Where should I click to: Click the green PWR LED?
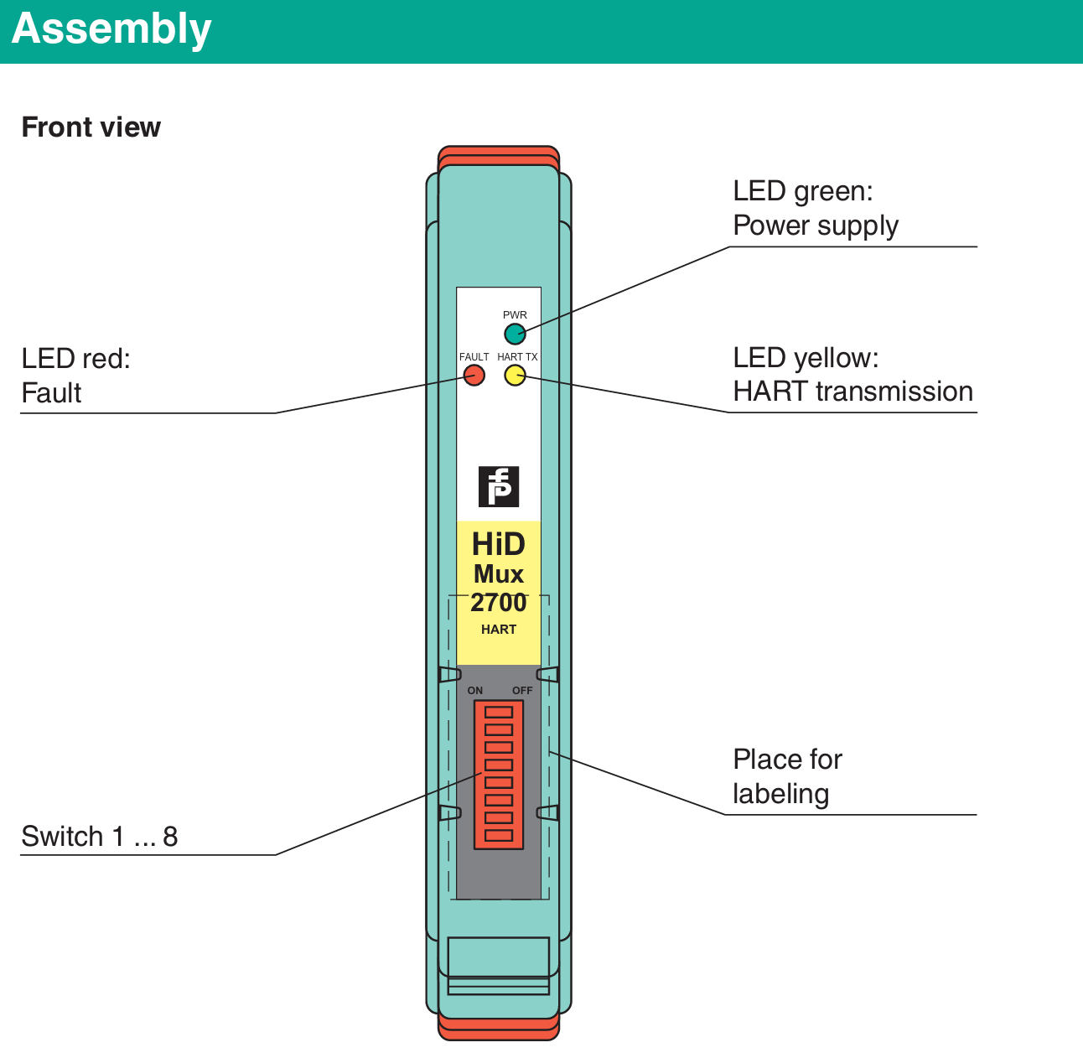click(x=515, y=334)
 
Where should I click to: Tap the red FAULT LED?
click(x=474, y=376)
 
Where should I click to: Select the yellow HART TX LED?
click(x=515, y=376)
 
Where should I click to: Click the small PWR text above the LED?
click(x=515, y=315)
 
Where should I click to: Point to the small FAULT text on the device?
click(x=474, y=357)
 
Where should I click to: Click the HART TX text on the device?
click(x=517, y=357)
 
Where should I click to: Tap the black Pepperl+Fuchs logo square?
click(x=499, y=486)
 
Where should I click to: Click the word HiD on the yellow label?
click(x=499, y=544)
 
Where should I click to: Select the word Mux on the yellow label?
click(x=499, y=573)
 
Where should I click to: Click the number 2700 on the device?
click(x=499, y=602)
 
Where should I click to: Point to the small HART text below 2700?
click(x=499, y=630)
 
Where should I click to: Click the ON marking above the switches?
click(x=474, y=691)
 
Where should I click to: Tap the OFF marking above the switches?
click(x=522, y=691)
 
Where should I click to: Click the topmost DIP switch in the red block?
click(x=499, y=712)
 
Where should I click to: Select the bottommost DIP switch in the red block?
click(x=499, y=835)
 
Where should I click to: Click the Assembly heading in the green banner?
click(x=111, y=29)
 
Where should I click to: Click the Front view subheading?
click(x=91, y=127)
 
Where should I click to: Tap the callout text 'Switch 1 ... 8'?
click(x=100, y=836)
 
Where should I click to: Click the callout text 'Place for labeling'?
click(x=787, y=776)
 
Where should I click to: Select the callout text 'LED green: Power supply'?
click(x=816, y=208)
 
